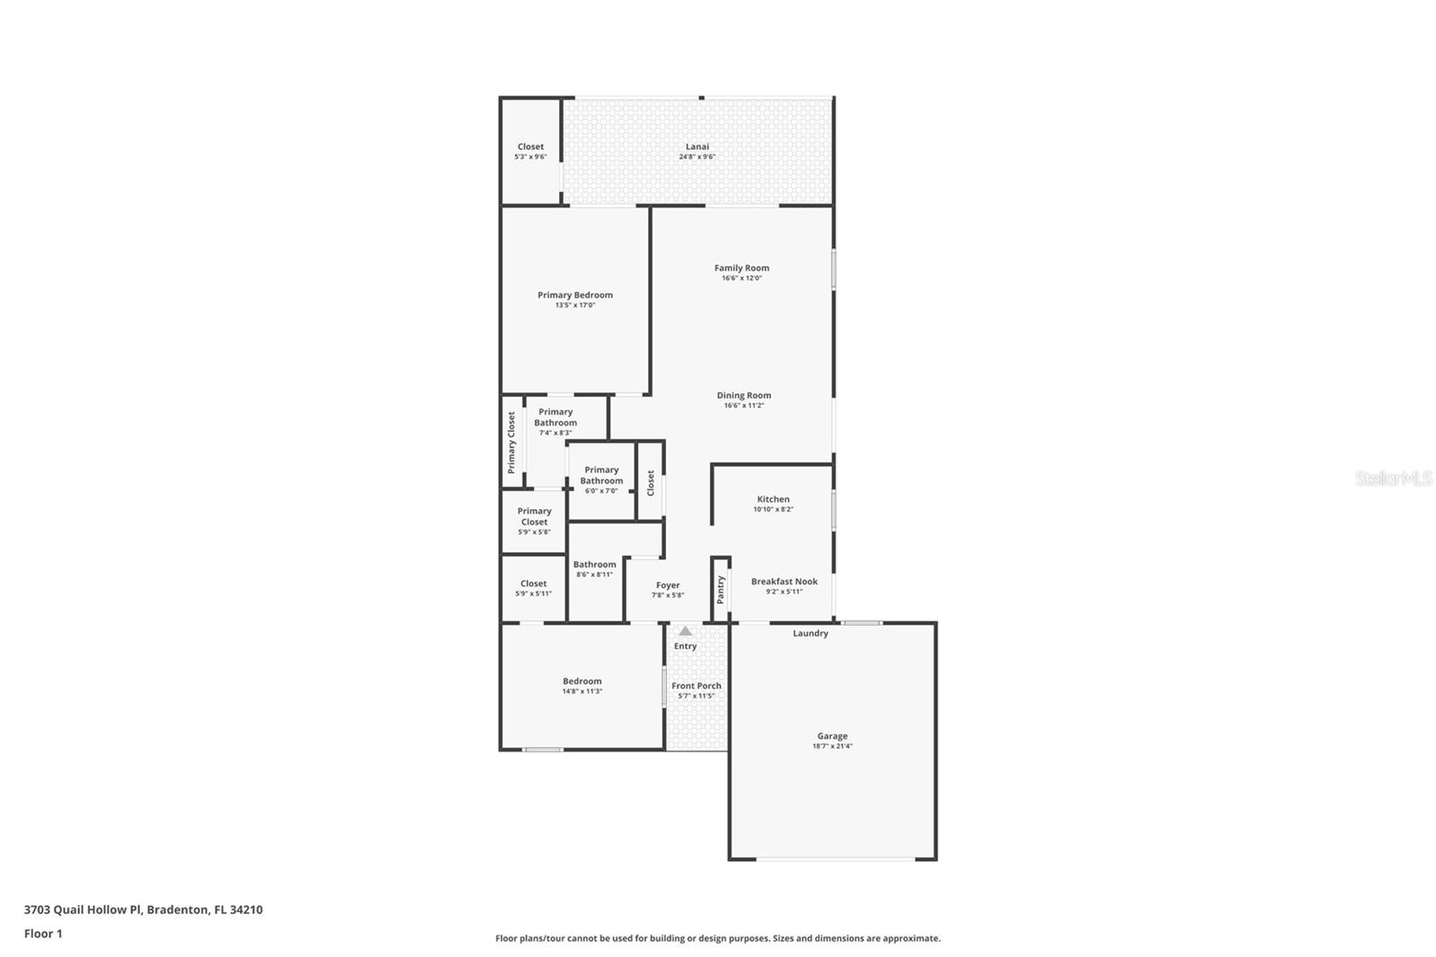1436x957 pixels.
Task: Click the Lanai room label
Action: [x=697, y=147]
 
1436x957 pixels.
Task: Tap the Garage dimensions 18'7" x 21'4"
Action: [x=832, y=746]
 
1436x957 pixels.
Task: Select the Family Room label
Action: [x=741, y=268]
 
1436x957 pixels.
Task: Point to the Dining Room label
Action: [x=743, y=395]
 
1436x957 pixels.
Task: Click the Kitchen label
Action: [x=773, y=499]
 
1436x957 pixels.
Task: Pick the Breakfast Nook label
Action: [x=784, y=582]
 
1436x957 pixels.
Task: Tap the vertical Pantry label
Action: [x=720, y=590]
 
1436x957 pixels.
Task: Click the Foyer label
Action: [x=668, y=585]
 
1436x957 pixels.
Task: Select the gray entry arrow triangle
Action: [x=686, y=631]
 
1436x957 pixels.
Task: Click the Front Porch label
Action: [x=696, y=686]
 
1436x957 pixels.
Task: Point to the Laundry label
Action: [x=810, y=634]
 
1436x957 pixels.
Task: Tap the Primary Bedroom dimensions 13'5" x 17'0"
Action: [x=575, y=305]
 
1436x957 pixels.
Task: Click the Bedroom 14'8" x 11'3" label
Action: [x=582, y=681]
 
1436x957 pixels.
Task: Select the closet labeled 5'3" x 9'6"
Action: [x=530, y=151]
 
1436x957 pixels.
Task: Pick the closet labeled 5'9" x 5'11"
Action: [x=533, y=588]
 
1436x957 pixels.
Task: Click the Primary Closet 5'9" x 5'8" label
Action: [x=534, y=521]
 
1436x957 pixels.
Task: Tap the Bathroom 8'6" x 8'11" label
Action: [x=594, y=569]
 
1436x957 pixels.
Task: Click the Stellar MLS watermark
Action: [x=1394, y=478]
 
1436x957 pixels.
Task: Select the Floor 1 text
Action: [x=43, y=934]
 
